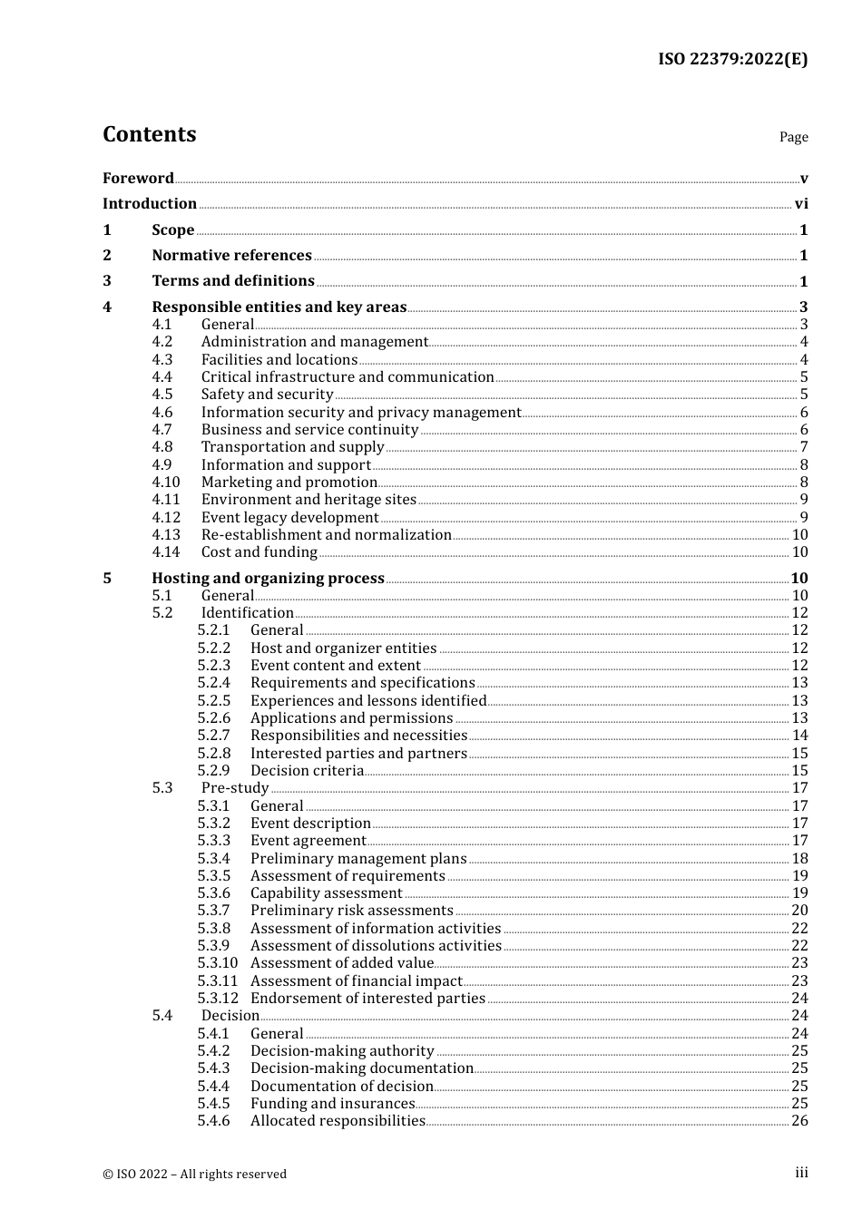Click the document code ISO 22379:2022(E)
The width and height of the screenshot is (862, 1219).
(x=732, y=60)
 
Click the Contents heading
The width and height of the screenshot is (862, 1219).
(x=149, y=134)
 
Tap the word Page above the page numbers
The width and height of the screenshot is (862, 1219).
(x=793, y=137)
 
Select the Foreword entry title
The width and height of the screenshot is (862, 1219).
(x=138, y=179)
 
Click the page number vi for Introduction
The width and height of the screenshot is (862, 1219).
(x=801, y=204)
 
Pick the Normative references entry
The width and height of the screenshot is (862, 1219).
(x=231, y=256)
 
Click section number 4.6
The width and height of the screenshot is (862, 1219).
(x=162, y=413)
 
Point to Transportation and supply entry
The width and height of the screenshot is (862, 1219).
(x=292, y=447)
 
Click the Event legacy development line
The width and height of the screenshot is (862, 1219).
(x=289, y=518)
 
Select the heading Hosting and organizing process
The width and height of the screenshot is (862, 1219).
(x=268, y=579)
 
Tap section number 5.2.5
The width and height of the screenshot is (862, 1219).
(x=214, y=701)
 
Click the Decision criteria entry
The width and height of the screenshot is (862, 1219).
(x=307, y=771)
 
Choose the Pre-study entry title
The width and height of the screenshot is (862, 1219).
(x=235, y=788)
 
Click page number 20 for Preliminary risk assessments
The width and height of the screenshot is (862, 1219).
(x=799, y=911)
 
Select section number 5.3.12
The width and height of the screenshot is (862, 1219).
(x=218, y=999)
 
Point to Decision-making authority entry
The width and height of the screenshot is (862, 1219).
(x=342, y=1051)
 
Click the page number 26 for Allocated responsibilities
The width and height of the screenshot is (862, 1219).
(x=799, y=1121)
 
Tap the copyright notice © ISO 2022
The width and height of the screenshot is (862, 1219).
(x=194, y=1174)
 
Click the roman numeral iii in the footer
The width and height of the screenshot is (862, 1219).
(x=801, y=1173)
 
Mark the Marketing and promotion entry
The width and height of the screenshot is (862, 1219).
(x=289, y=483)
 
